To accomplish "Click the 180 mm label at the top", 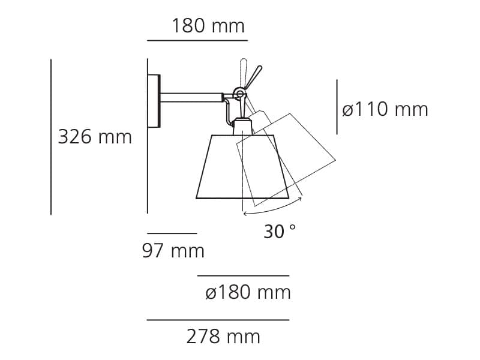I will (x=208, y=26).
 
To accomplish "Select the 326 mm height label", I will (x=95, y=137).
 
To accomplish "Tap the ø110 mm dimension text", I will (x=385, y=109).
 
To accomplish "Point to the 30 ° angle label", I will (x=280, y=231).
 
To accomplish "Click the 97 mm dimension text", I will (x=173, y=250).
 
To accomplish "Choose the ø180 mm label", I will (x=247, y=293).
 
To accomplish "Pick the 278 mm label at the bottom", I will (x=223, y=337).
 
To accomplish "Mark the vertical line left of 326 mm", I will (x=51, y=137).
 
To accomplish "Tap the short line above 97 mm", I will (x=172, y=233).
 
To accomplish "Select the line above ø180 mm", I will (x=243, y=275).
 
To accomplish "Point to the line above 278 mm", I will (x=218, y=320).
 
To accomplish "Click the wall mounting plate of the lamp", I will (x=154, y=100).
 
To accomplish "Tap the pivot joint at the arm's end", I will (x=239, y=93).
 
